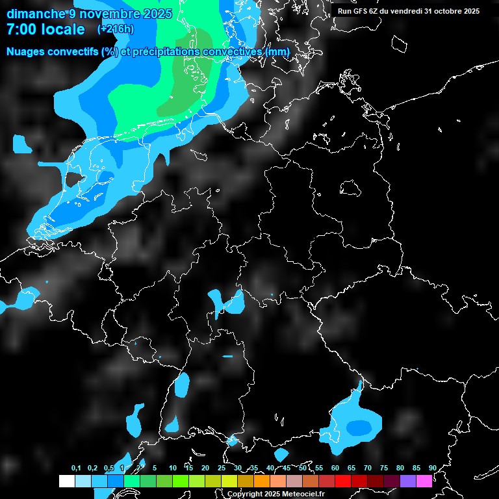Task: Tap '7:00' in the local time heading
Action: tap(21, 29)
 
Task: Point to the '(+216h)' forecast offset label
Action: tap(115, 29)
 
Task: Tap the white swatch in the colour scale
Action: tap(66, 481)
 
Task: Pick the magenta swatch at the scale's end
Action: tap(424, 481)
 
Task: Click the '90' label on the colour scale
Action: tap(432, 468)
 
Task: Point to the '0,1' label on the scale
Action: tap(76, 468)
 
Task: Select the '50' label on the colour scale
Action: tap(303, 468)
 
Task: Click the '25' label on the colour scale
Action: tap(222, 468)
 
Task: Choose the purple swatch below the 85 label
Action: tap(408, 481)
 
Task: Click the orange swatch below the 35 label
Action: tap(262, 481)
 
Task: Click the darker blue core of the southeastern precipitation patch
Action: tap(358, 427)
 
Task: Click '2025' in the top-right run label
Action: tap(468, 11)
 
